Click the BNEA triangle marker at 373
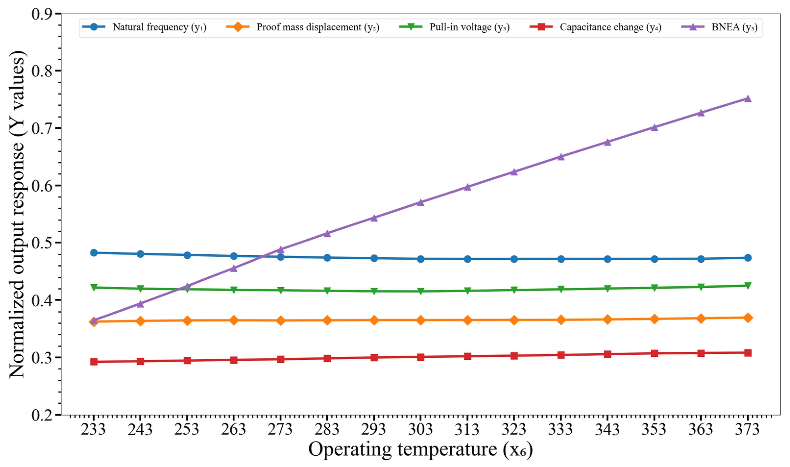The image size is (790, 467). [x=748, y=99]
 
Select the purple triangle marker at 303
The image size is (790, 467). [x=420, y=202]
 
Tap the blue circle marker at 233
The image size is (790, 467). [x=94, y=253]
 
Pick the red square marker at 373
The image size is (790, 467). [x=748, y=353]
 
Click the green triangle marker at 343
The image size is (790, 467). [x=607, y=288]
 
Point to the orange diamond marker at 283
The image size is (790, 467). [x=327, y=320]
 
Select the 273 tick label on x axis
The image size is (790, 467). [x=280, y=429]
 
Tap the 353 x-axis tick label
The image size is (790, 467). [x=654, y=429]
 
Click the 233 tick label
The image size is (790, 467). [x=93, y=429]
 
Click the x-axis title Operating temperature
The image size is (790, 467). [x=420, y=449]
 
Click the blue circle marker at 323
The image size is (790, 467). [x=514, y=259]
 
